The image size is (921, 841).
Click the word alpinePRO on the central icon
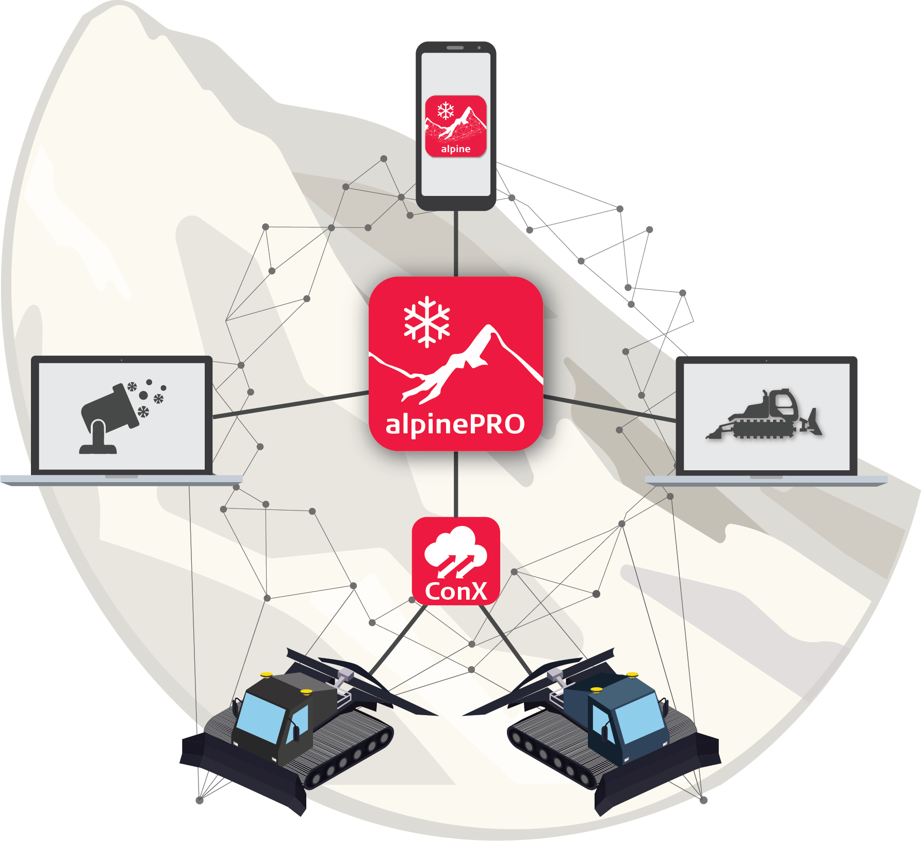(455, 424)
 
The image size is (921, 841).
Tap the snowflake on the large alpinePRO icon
(427, 322)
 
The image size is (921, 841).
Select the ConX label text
(456, 591)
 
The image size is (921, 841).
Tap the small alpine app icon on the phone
(456, 126)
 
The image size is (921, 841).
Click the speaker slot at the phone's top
(455, 47)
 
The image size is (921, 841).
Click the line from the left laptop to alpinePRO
(291, 405)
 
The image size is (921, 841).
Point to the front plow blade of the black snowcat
(242, 773)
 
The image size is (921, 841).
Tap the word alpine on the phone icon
(456, 149)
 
